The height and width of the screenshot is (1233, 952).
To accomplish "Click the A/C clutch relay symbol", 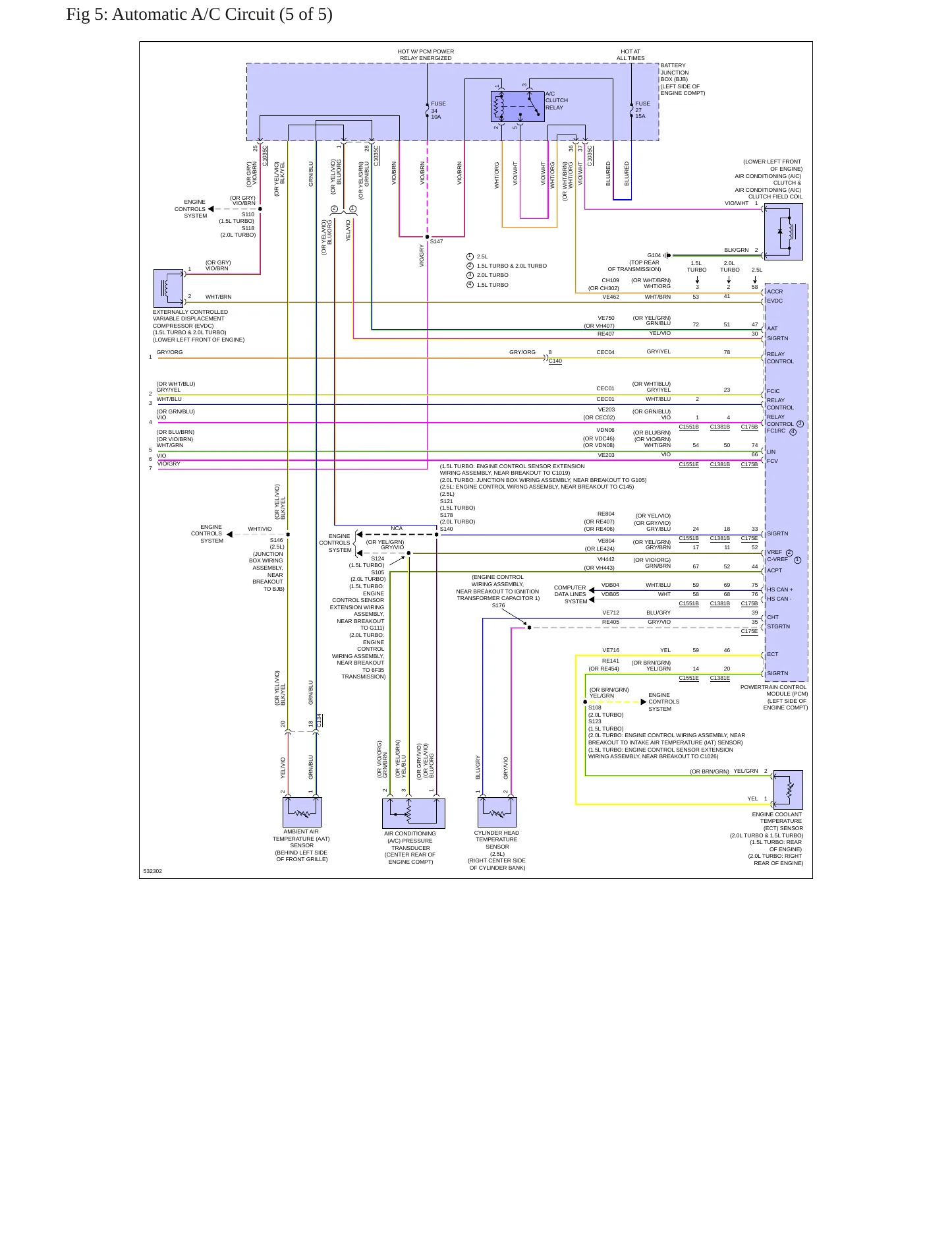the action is [517, 106].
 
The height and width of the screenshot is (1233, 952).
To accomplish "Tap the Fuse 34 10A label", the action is [438, 110].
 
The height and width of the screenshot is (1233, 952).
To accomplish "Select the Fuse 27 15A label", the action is [642, 109].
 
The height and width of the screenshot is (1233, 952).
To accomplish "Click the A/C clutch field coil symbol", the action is [783, 231].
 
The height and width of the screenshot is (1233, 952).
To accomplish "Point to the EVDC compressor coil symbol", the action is [168, 288].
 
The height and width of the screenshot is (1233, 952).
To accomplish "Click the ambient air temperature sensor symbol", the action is [302, 812].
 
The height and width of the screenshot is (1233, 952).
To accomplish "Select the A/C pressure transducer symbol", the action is [414, 813].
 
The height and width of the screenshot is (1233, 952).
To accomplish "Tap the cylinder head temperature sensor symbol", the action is [497, 812].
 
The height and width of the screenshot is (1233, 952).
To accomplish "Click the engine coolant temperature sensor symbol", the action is [788, 790].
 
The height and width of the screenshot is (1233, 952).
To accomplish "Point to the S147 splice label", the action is [437, 242].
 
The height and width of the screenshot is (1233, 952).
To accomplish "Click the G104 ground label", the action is [654, 255].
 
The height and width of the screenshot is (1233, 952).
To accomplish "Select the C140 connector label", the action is [555, 361].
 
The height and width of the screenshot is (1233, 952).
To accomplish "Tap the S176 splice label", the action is [498, 605].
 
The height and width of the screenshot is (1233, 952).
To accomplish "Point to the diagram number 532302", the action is [153, 871].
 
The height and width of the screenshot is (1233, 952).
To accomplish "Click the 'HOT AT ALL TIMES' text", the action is [630, 55].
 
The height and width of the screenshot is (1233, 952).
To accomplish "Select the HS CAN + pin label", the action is [780, 589].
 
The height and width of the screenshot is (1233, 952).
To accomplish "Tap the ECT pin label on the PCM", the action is [773, 654].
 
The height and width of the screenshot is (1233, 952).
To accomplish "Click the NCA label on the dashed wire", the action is [397, 528].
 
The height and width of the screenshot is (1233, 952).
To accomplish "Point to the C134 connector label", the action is [320, 720].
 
